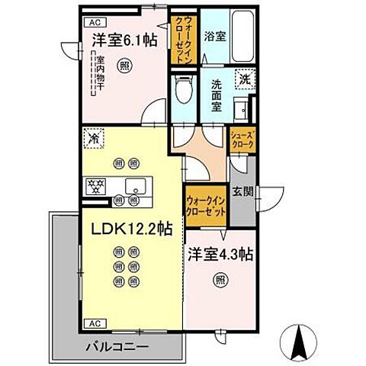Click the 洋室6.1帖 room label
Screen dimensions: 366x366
pos(125,40)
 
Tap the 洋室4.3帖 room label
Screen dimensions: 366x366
pos(221,254)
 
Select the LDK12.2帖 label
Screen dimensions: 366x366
pos(131,229)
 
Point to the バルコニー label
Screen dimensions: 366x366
pos(117,348)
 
